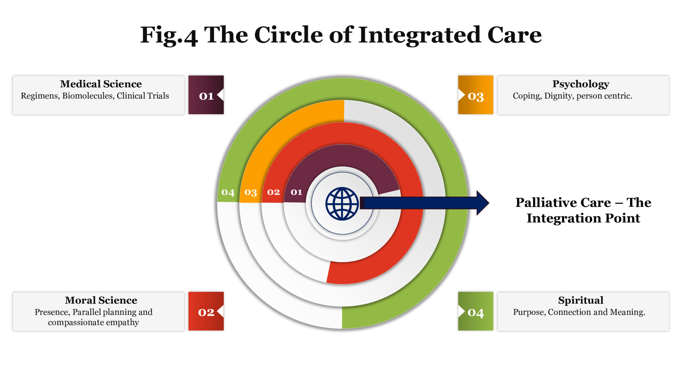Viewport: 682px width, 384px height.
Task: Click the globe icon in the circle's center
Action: (342, 204)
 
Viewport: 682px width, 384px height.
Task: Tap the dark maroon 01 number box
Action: (206, 95)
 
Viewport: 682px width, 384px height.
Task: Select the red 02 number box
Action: (206, 311)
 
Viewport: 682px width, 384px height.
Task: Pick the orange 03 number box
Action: (476, 95)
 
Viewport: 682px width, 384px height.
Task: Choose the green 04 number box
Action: (476, 311)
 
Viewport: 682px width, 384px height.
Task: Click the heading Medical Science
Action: (101, 84)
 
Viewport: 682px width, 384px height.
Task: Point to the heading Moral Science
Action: (101, 300)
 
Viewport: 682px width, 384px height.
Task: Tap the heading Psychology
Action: (581, 84)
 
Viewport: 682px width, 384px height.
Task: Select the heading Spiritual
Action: (581, 300)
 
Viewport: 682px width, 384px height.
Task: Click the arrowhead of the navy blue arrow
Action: (482, 203)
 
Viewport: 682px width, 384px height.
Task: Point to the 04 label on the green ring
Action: (228, 192)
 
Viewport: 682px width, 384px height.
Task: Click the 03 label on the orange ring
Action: (251, 192)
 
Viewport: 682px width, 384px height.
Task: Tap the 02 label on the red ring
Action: (274, 192)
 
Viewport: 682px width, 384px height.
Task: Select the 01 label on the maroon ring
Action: (296, 192)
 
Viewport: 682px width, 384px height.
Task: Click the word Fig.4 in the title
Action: (169, 35)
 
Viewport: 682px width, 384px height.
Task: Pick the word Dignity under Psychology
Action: (559, 96)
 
